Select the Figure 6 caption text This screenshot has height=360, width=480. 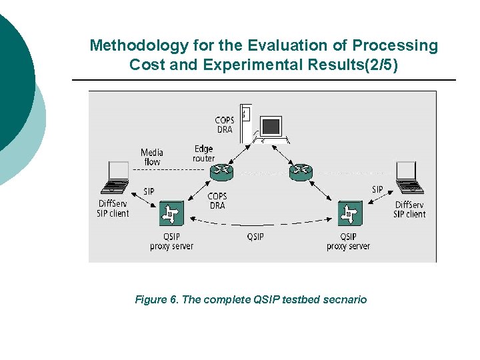tap(251, 300)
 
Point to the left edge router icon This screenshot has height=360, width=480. tap(222, 172)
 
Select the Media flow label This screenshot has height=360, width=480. tap(151, 157)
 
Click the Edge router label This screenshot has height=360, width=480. tap(204, 153)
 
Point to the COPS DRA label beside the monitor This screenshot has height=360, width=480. tap(225, 125)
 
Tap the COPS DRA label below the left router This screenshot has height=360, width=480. tap(217, 201)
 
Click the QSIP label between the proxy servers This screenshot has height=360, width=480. tap(255, 237)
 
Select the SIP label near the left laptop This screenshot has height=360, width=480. tap(149, 191)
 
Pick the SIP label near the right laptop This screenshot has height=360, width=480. tap(377, 189)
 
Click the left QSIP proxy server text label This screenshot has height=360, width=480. tap(171, 241)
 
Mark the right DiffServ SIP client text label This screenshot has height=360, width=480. tap(409, 209)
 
